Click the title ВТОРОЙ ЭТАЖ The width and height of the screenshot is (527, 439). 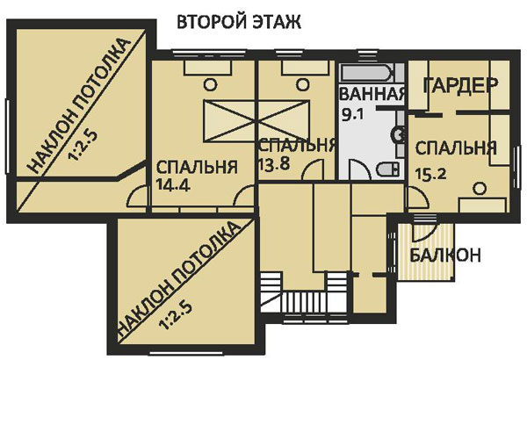pos(239,22)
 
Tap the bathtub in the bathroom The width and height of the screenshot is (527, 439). pos(372,74)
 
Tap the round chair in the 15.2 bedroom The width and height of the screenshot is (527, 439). pos(480,187)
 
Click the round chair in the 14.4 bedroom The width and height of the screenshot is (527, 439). pos(210,86)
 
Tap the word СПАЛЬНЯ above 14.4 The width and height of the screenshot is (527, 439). pos(197,167)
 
